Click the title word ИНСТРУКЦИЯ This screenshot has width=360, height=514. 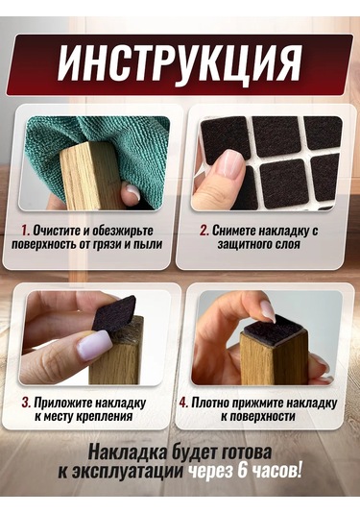[179, 63]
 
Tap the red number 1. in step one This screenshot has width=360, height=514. [26, 231]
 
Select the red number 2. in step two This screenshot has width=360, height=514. [204, 231]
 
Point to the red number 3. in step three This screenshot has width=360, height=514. [26, 403]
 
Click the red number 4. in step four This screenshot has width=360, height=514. [183, 403]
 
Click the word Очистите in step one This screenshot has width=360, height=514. [57, 231]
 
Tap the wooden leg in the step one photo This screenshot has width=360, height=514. [93, 176]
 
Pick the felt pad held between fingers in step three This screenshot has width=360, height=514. [114, 314]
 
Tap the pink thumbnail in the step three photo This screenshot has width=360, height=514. [94, 345]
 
